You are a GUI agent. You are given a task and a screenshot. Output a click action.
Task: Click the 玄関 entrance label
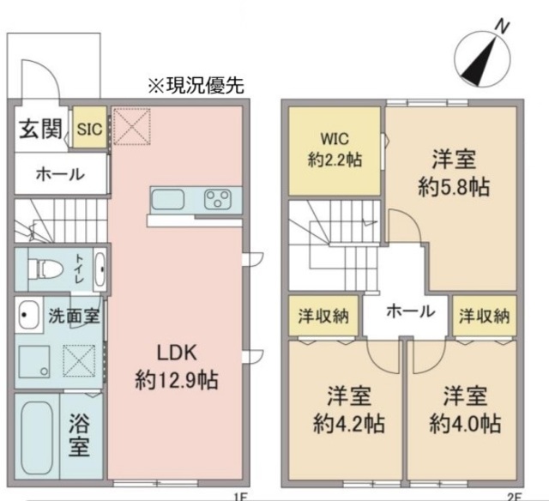pyautogui.click(x=40, y=129)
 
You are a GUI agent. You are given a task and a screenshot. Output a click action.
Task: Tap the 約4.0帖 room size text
pyautogui.click(x=465, y=423)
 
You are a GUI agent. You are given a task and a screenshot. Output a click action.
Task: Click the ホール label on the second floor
pyautogui.click(x=409, y=311)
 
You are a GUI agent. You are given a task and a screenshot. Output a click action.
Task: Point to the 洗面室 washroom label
pyautogui.click(x=73, y=315)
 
